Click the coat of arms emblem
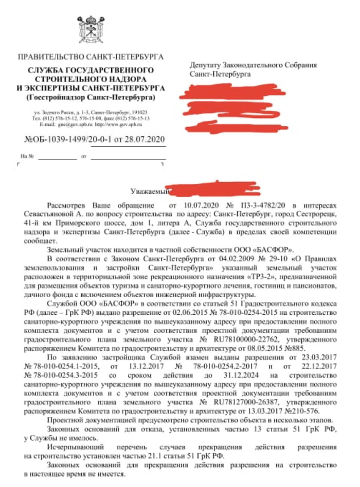[x=92, y=26]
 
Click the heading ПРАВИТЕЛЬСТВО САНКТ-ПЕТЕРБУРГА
[x=91, y=57]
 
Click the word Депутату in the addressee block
[x=205, y=65]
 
